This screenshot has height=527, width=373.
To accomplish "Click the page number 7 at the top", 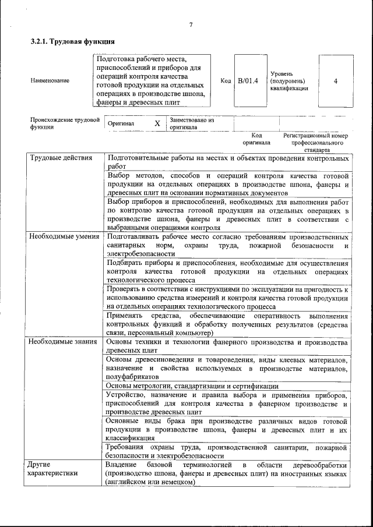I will pyautogui.click(x=191, y=24).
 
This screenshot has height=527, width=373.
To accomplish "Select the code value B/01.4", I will pyautogui.click(x=248, y=80).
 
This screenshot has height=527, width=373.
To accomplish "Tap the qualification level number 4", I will pyautogui.click(x=335, y=80).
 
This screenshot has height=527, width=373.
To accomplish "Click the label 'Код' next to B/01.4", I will pyautogui.click(x=226, y=80).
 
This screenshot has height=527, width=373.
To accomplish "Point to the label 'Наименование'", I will pyautogui.click(x=50, y=80).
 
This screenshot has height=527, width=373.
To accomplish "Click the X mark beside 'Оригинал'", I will pyautogui.click(x=157, y=123).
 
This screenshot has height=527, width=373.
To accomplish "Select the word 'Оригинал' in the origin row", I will pyautogui.click(x=121, y=123).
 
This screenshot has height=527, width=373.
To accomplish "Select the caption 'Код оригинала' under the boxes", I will pyautogui.click(x=256, y=139).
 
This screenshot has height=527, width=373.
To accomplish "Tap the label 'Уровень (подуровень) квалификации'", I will pyautogui.click(x=289, y=81).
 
